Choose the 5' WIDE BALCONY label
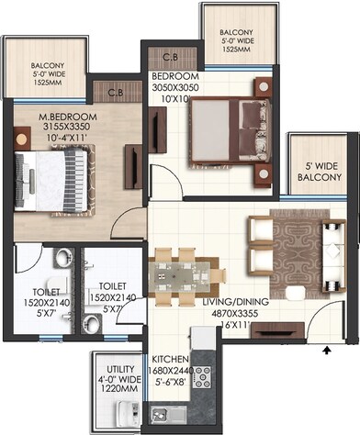[x=315, y=172]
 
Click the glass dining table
[x=187, y=273]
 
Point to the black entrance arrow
[x=325, y=348]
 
